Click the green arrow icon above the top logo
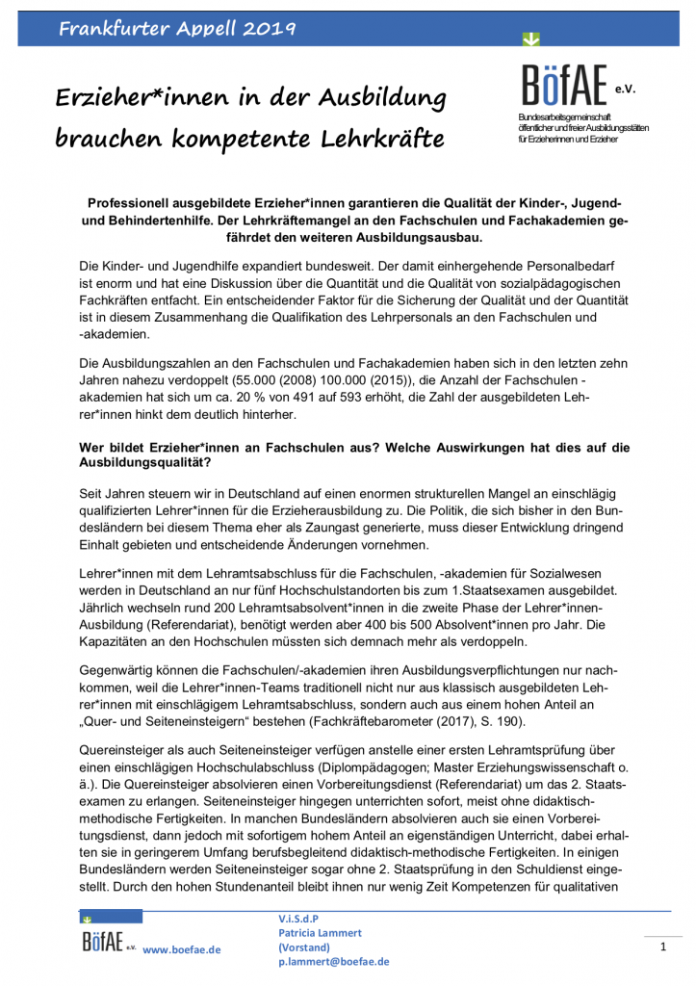tap(531, 39)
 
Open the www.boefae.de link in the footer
tap(181, 949)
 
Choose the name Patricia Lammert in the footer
tap(320, 934)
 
